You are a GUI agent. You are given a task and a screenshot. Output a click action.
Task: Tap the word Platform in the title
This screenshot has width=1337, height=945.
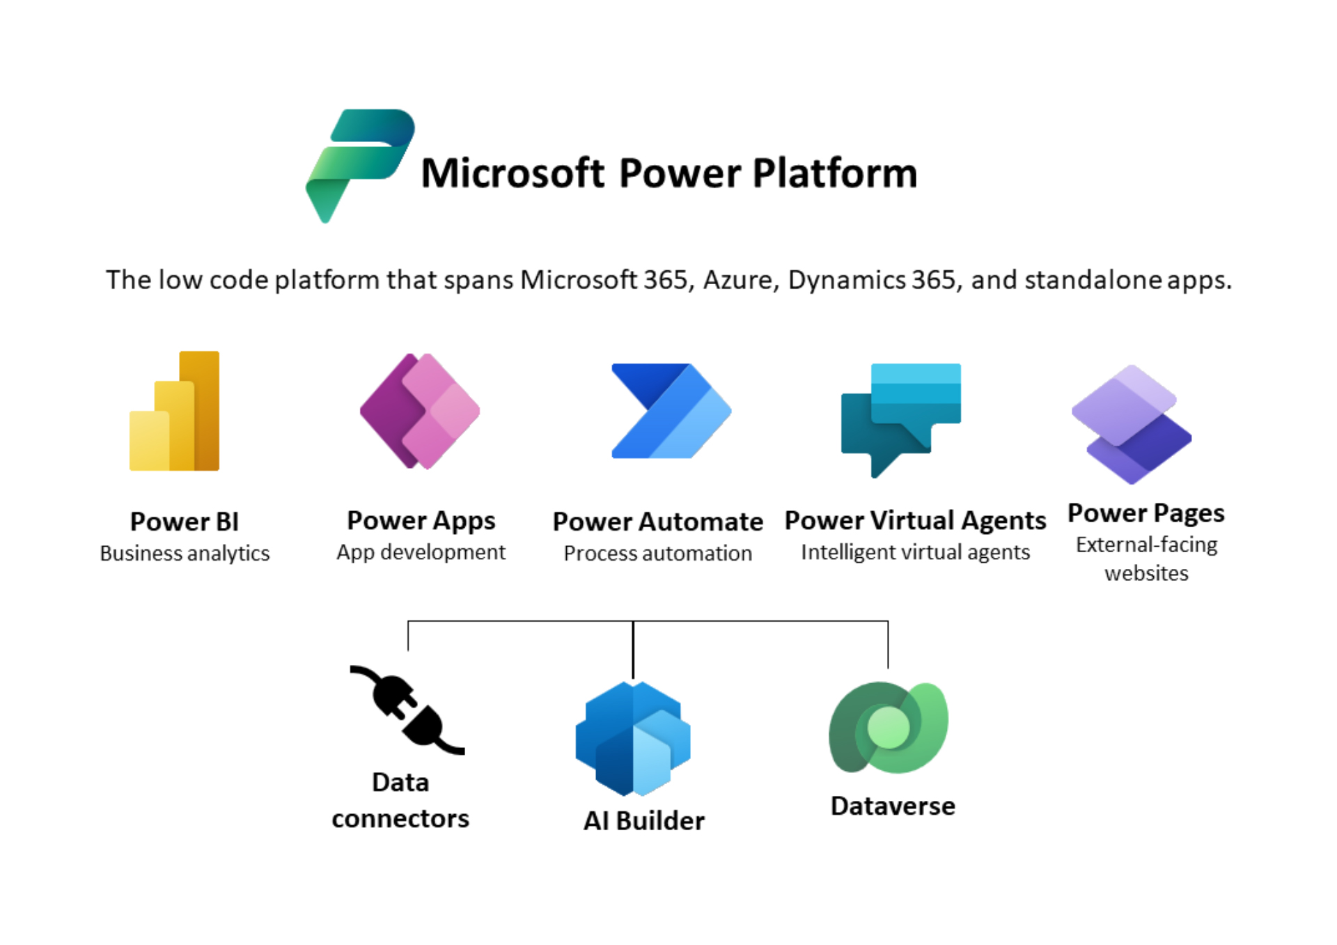pos(835,173)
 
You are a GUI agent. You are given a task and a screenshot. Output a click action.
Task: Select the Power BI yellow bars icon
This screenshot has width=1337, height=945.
pos(175,411)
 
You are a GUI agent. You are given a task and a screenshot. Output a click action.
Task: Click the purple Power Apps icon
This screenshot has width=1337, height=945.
pos(420,411)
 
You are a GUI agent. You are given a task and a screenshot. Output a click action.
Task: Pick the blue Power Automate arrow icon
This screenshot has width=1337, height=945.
pos(671,411)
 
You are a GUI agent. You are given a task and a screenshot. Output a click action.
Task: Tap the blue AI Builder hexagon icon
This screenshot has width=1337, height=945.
pos(633,738)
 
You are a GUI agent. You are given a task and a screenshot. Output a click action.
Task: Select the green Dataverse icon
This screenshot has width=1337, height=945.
pos(889,728)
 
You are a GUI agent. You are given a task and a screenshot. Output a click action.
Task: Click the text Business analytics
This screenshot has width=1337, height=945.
pos(185,553)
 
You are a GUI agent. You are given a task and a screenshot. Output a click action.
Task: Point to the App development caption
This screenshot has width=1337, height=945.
pos(421,552)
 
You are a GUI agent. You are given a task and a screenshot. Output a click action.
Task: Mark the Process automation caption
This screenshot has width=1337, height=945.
pos(657,553)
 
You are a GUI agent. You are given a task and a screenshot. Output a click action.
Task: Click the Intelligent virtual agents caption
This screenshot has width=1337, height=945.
pos(915,552)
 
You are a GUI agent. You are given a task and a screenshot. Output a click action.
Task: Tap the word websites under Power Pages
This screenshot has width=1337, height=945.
pos(1146,573)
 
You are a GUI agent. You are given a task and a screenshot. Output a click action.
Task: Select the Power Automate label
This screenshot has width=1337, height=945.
pos(657,522)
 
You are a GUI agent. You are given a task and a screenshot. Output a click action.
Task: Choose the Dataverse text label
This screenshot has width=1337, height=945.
pos(893,806)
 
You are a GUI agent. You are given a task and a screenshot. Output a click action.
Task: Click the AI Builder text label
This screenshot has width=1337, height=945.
pos(644,820)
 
